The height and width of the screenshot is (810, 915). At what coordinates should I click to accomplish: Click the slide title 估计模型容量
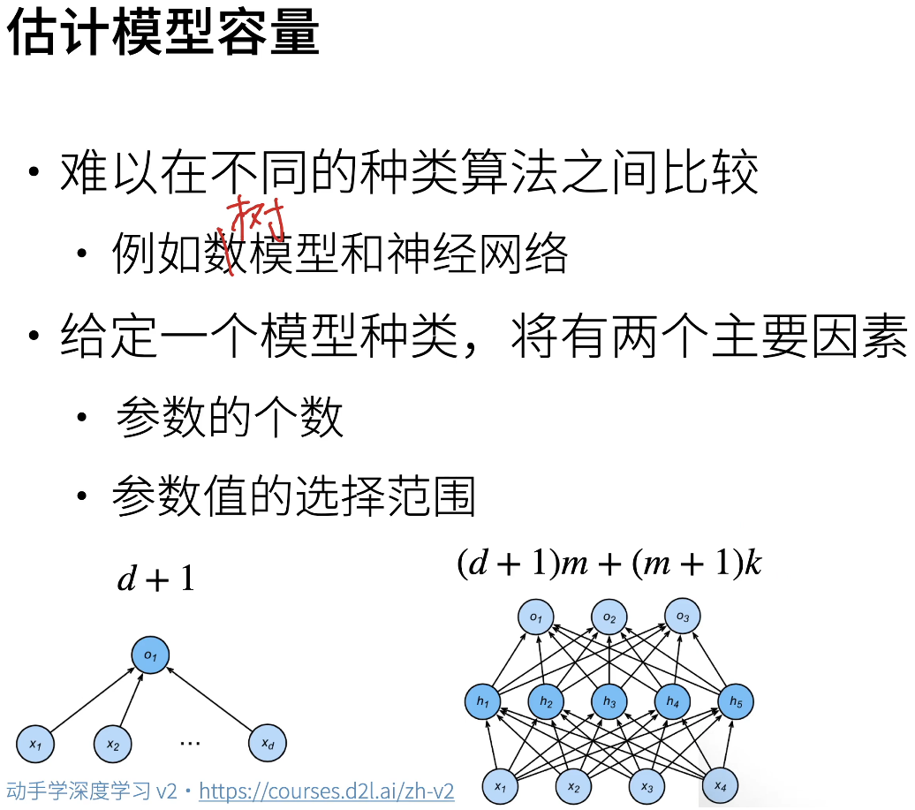[x=164, y=33]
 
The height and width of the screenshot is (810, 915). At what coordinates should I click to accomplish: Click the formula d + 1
[x=156, y=579]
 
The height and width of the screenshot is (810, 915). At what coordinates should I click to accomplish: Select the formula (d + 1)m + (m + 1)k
[x=609, y=563]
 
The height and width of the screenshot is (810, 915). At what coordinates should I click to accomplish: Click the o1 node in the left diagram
[x=150, y=655]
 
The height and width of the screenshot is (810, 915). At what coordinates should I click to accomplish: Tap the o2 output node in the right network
[x=609, y=617]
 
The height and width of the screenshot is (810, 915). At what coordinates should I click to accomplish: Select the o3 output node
[x=682, y=616]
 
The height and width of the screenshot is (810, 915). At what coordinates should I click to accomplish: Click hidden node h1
[x=482, y=702]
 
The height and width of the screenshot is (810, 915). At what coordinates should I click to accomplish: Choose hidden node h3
[x=609, y=702]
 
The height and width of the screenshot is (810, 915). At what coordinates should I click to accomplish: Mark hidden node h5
[x=736, y=702]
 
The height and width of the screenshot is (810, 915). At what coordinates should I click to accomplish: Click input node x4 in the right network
[x=720, y=785]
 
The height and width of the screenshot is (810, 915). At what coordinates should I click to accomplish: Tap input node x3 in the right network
[x=647, y=785]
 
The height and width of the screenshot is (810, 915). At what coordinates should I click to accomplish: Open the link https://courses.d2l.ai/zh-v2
[x=327, y=791]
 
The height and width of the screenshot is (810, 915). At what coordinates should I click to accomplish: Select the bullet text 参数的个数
[x=230, y=418]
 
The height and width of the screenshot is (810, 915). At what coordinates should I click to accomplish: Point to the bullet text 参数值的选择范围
[x=294, y=497]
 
